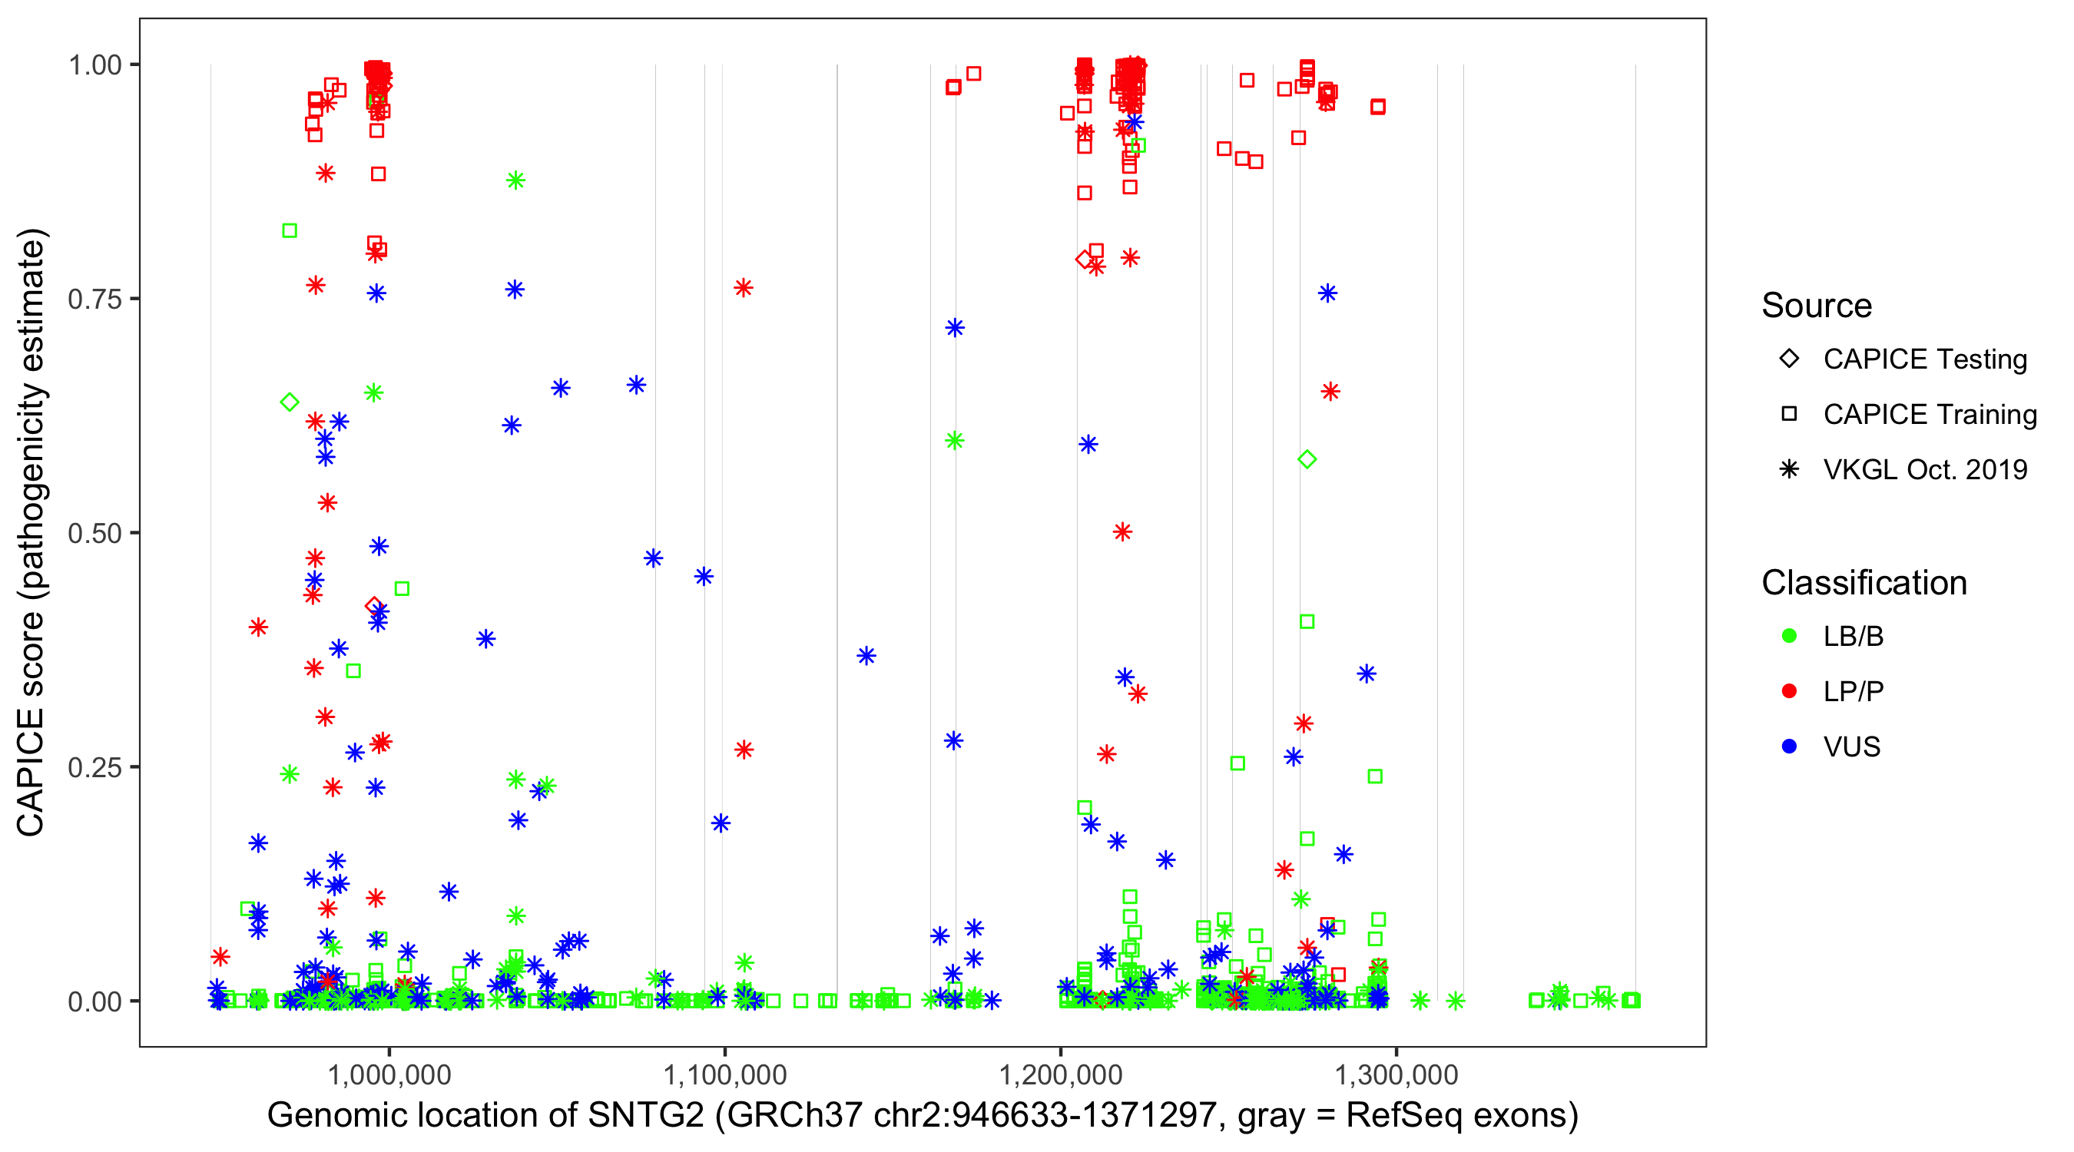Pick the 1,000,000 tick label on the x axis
[x=389, y=1074]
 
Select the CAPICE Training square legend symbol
[x=1789, y=414]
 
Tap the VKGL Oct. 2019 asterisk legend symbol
[x=1789, y=469]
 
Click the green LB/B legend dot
[x=1789, y=636]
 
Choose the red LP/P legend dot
[x=1789, y=691]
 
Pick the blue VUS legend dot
[x=1789, y=746]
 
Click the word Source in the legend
[x=1817, y=306]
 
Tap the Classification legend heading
[x=1864, y=583]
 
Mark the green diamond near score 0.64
[x=290, y=402]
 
